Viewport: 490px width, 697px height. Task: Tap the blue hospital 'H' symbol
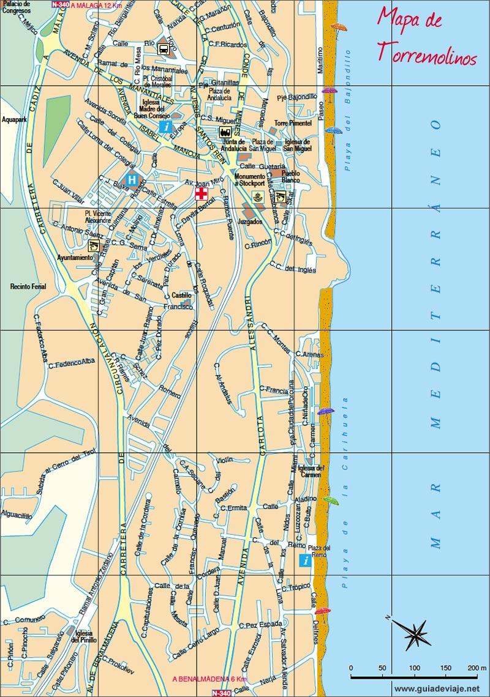point(132,179)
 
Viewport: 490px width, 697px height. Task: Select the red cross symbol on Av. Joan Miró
point(201,194)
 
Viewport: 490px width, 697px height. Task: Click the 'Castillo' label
point(182,295)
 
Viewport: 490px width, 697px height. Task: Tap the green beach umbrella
point(331,501)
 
